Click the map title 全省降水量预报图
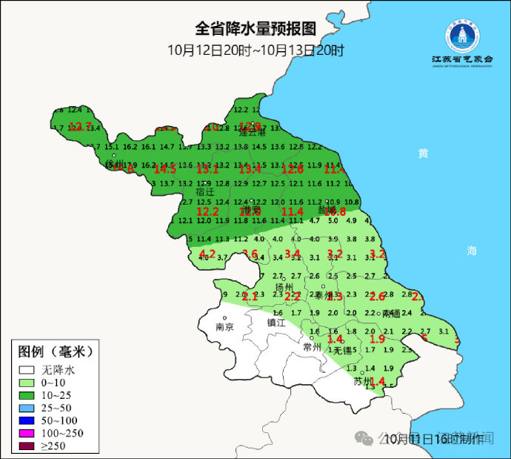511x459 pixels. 255,29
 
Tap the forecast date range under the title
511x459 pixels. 255,50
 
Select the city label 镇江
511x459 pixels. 276,322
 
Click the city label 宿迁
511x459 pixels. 205,191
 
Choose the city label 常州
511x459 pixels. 313,346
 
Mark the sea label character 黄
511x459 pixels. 423,153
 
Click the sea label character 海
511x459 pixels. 472,251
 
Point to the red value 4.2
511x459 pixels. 207,254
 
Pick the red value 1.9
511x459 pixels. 376,339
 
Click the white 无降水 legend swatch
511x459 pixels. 28,369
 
